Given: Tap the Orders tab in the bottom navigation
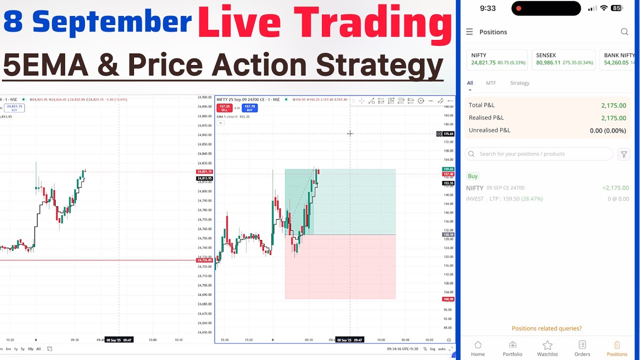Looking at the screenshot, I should point(582,348).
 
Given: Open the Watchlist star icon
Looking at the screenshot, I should point(547,348).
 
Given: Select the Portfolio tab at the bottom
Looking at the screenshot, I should point(512,348).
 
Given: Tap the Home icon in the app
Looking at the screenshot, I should point(477,348).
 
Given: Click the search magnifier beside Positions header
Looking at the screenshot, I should point(624,32).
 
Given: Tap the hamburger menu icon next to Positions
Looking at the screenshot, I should point(469,32).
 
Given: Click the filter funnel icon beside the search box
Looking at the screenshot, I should point(623,154).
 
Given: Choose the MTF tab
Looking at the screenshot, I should point(491,83).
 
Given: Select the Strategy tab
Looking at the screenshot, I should point(519,83).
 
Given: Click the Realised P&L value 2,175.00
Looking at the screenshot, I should point(613,118).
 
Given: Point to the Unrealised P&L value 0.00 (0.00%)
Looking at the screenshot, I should point(607,130).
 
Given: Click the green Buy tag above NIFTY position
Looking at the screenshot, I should point(472,176).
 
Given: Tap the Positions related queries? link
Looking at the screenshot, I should point(546,328).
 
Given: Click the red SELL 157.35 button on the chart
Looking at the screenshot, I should point(224,108).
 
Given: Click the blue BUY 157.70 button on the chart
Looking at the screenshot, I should point(249,108).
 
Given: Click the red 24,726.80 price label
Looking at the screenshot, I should point(204,260).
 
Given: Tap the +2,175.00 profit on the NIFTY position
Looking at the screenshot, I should point(615,188).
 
